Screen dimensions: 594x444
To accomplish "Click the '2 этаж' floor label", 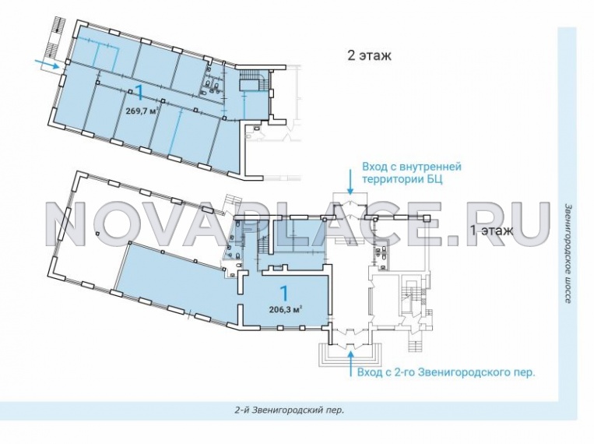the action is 369,56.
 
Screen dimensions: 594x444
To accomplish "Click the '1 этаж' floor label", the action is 491,230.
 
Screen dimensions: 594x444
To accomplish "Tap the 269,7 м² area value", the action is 142,111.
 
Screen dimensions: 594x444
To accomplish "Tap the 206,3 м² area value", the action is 285,309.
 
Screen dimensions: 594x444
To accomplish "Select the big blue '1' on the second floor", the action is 139,93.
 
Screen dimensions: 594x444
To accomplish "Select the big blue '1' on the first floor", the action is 283,293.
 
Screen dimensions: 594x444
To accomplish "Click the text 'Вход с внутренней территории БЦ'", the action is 412,172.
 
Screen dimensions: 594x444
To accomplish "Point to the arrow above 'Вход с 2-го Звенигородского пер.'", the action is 351,363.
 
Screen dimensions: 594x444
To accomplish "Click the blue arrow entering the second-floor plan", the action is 50,64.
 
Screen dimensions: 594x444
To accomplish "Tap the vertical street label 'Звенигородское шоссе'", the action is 568,253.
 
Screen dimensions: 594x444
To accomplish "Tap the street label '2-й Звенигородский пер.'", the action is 289,411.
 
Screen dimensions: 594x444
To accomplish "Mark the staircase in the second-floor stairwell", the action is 253,81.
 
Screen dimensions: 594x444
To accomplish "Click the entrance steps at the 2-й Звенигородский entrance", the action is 350,354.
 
